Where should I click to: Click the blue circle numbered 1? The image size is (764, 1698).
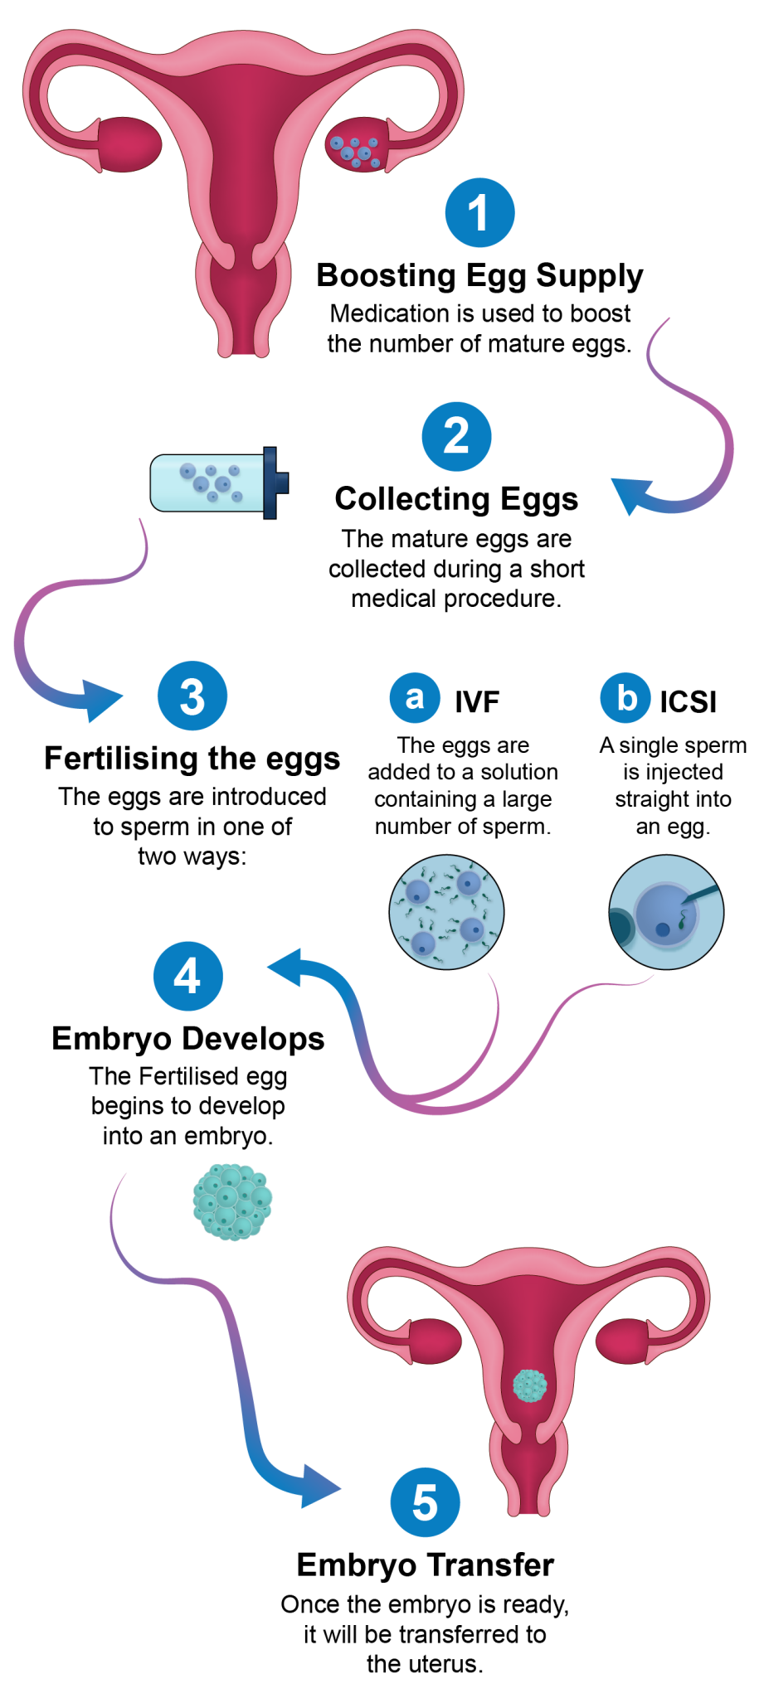pyautogui.click(x=479, y=212)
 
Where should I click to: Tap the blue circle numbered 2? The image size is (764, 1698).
pyautogui.click(x=456, y=436)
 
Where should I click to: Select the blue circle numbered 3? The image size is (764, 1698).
pyautogui.click(x=192, y=696)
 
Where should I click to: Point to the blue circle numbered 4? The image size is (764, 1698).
pyautogui.click(x=188, y=976)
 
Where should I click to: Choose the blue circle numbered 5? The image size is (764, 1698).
pyautogui.click(x=425, y=1502)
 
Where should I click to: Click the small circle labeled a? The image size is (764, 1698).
pyautogui.click(x=415, y=697)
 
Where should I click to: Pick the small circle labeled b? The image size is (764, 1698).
pyautogui.click(x=625, y=697)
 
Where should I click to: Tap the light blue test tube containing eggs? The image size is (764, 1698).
pyautogui.click(x=207, y=483)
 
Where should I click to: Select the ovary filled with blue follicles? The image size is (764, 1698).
pyautogui.click(x=357, y=146)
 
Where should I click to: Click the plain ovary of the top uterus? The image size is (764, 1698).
pyautogui.click(x=130, y=144)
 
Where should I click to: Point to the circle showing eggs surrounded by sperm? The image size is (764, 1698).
pyautogui.click(x=446, y=912)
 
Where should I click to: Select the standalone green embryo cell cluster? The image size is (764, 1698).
pyautogui.click(x=232, y=1201)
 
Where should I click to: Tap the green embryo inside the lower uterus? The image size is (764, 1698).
pyautogui.click(x=530, y=1384)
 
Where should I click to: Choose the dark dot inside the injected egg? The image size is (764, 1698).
pyautogui.click(x=663, y=930)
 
